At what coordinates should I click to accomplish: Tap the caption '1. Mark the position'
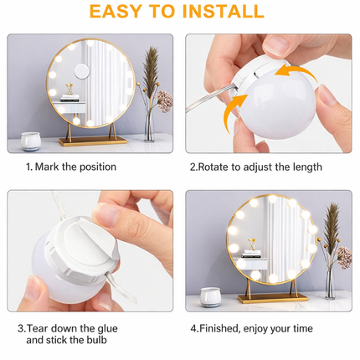tap(71, 167)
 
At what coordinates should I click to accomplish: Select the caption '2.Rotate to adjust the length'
tap(255, 167)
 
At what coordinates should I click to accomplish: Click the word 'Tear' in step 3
tap(47, 327)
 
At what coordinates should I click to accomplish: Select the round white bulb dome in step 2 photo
tap(271, 113)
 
